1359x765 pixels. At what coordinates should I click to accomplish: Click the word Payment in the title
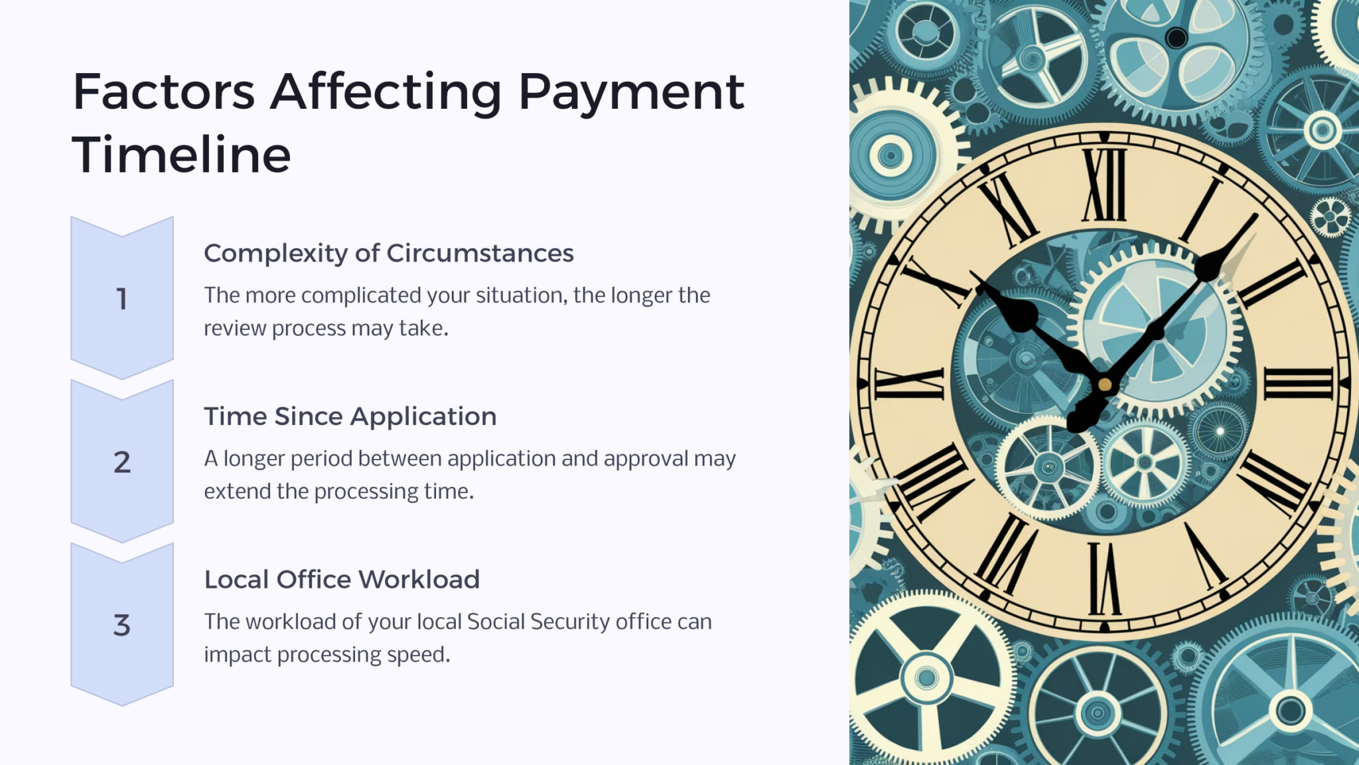(631, 92)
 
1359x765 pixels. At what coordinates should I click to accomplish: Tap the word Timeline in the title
(181, 155)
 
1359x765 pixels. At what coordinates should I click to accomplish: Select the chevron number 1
(121, 299)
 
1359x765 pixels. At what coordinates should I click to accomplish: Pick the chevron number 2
(121, 462)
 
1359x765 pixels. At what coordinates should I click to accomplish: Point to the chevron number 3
(121, 625)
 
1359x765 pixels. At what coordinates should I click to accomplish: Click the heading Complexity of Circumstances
(388, 253)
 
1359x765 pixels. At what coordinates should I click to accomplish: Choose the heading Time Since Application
(350, 416)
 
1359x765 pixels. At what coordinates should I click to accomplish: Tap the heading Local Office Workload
(341, 579)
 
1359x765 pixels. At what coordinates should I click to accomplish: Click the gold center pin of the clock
(1105, 384)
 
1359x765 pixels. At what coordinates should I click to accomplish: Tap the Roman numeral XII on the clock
(1104, 185)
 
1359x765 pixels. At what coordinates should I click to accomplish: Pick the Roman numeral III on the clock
(1298, 384)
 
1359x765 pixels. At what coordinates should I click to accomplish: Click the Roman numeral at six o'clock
(1104, 578)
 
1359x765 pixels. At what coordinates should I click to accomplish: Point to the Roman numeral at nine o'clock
(910, 384)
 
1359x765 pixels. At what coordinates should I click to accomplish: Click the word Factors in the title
(163, 92)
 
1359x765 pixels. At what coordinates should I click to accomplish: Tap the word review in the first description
(235, 329)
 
